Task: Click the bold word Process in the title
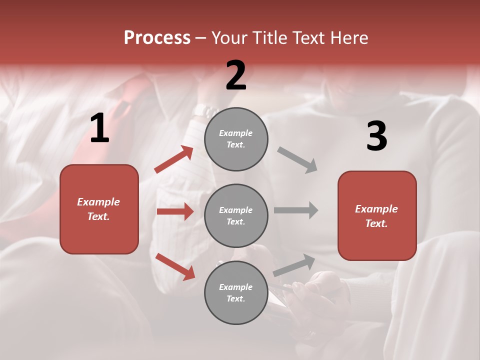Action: click(x=157, y=38)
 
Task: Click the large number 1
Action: click(x=99, y=128)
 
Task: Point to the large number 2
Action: click(x=236, y=75)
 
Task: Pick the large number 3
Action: click(x=376, y=136)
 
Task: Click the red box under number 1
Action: click(x=99, y=209)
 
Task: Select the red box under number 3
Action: click(x=377, y=216)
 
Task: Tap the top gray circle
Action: click(x=236, y=139)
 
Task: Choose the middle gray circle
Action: click(x=236, y=215)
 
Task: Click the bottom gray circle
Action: click(x=236, y=292)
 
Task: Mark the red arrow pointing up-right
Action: click(x=174, y=159)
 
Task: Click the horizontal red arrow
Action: click(x=175, y=211)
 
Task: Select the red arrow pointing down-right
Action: click(x=175, y=266)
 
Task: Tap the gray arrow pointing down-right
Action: click(x=297, y=160)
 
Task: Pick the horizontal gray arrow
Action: click(x=296, y=210)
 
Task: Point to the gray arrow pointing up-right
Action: click(x=294, y=265)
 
